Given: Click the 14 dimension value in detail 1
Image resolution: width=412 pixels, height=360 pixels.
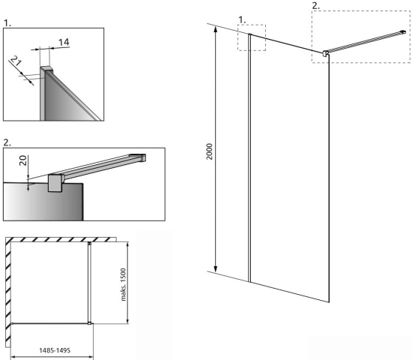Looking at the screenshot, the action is coord(64,42).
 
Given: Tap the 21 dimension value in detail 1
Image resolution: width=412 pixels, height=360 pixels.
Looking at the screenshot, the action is coord(16,61).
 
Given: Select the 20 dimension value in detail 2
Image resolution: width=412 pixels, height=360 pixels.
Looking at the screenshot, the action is coord(23,160).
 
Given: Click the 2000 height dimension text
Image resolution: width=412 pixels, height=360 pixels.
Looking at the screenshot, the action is coord(210,151).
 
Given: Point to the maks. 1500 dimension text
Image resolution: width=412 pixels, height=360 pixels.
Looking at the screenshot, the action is coord(123,284).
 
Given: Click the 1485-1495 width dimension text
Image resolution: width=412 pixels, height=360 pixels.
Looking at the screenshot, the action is coord(55,350).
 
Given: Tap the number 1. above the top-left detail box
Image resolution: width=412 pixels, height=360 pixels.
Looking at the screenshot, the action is coord(7,23).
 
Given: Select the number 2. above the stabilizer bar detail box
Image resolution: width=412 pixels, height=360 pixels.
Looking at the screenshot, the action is coord(7,142).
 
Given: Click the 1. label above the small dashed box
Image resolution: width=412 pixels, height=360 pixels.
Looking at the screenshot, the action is coord(242,19).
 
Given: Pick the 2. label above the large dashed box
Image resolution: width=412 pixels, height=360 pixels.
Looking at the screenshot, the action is coord(316,6).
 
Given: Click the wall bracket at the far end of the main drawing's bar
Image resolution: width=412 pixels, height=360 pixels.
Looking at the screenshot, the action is coord(403,32).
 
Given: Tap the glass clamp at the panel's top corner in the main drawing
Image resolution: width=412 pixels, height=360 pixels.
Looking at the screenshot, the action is coord(325,53).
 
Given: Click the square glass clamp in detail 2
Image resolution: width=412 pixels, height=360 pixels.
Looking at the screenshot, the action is coord(55,183).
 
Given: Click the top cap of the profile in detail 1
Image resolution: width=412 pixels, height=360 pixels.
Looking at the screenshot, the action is coord(46,70).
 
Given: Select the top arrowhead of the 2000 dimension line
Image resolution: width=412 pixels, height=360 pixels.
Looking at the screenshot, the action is coord(216,28).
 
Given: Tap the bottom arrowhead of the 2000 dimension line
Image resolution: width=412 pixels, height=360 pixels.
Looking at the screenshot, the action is coord(216,269).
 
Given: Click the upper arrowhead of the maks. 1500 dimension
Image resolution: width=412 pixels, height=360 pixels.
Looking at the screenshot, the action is coord(127,245).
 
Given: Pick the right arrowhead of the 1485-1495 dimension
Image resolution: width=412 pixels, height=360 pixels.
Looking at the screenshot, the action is coord(91,357).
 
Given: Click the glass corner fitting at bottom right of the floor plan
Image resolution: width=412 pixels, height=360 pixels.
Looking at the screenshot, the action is coord(90,323).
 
